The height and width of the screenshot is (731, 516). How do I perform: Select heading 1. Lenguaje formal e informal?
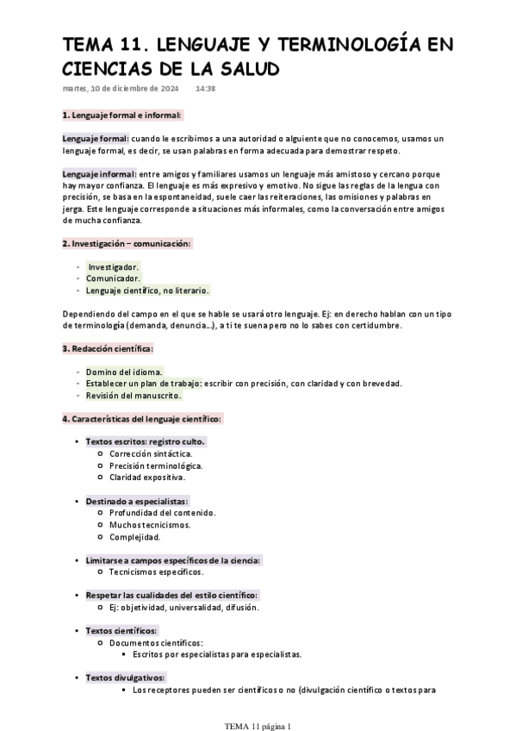(x=121, y=115)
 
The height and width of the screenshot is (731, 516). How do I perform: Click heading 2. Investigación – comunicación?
(x=127, y=244)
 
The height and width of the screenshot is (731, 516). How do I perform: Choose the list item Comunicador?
(x=113, y=278)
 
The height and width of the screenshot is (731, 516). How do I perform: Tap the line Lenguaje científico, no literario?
(x=147, y=291)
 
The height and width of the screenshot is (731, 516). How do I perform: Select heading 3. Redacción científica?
(x=108, y=348)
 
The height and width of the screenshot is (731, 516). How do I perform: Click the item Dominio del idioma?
(x=123, y=372)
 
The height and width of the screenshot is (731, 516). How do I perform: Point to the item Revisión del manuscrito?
(x=134, y=395)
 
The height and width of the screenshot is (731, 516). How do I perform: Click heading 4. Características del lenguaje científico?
(x=142, y=419)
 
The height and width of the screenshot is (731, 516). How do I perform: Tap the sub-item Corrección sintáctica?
(x=151, y=453)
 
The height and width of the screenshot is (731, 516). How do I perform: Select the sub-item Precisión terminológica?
(x=156, y=465)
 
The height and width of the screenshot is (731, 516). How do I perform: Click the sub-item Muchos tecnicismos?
(x=150, y=524)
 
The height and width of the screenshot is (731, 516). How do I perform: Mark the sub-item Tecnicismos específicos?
(x=157, y=572)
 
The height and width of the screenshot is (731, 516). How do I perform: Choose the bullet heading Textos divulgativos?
(x=126, y=678)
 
